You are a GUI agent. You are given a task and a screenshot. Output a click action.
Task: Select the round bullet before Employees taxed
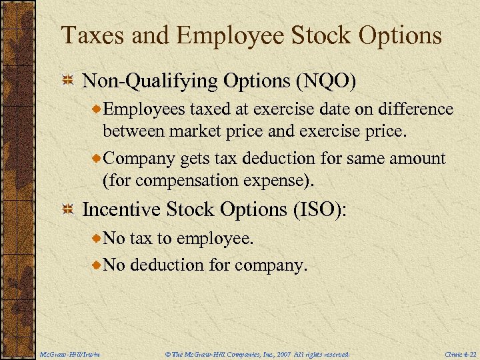coord(97,109)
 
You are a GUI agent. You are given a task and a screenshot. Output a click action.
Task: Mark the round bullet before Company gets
coord(97,159)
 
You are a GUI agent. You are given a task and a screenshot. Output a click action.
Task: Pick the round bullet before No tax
coord(97,238)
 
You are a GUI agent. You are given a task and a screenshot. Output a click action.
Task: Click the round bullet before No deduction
coord(97,265)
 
